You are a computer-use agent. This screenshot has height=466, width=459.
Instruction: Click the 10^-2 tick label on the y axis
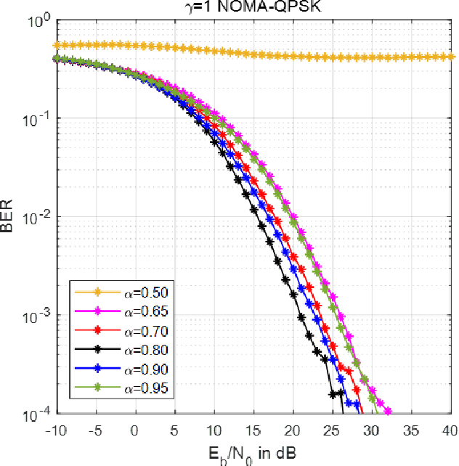35,218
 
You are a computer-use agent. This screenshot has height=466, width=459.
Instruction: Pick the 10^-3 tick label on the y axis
35,316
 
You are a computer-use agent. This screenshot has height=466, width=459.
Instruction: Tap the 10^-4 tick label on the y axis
35,414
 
